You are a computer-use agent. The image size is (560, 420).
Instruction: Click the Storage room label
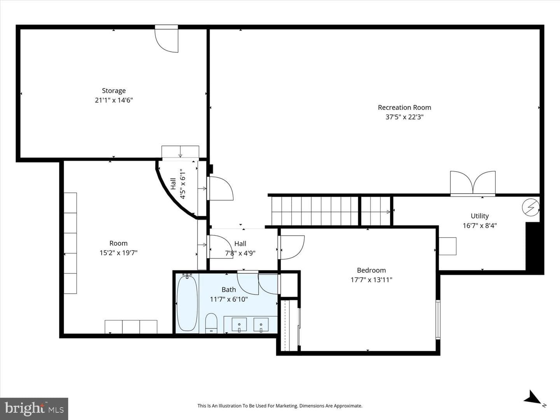[114, 91]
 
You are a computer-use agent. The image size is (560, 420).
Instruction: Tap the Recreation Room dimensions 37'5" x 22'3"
[404, 117]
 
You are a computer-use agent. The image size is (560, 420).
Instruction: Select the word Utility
[479, 216]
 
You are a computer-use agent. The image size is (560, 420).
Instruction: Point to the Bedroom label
[371, 270]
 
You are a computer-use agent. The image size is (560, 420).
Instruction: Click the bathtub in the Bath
[187, 303]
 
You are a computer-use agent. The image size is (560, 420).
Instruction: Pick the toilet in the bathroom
[211, 323]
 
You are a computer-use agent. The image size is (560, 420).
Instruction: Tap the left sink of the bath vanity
[239, 325]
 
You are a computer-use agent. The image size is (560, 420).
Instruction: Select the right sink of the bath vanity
[261, 325]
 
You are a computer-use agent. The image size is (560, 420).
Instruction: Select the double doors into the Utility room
[473, 183]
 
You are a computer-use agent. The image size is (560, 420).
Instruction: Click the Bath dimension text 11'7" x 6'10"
[229, 299]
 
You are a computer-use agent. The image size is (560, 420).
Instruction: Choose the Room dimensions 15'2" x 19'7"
[118, 253]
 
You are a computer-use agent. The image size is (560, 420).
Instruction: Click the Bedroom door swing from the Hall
[291, 247]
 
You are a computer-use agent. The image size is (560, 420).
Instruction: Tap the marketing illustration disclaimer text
[280, 406]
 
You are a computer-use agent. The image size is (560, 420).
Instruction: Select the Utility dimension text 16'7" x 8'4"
[479, 226]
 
